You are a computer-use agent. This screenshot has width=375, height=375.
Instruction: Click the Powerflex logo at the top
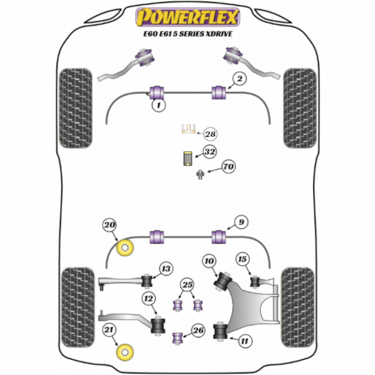click(187, 17)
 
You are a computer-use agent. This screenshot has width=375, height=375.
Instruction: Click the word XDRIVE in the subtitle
click(218, 34)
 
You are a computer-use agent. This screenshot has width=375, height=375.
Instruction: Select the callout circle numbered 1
click(159, 105)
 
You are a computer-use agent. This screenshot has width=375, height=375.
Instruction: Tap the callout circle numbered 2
click(239, 79)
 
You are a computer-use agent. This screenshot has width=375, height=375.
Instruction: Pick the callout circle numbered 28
click(210, 134)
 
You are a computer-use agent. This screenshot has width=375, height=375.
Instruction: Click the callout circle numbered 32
click(210, 152)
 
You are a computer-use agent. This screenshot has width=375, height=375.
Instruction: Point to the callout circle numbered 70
click(228, 166)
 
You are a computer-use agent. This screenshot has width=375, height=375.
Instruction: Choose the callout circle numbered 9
click(241, 222)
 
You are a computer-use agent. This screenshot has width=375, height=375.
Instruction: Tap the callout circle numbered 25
click(187, 284)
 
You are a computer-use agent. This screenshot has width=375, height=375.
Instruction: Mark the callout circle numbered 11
click(244, 341)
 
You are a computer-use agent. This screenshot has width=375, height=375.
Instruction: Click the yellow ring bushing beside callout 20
click(125, 247)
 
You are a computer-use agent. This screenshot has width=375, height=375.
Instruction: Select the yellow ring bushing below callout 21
click(125, 352)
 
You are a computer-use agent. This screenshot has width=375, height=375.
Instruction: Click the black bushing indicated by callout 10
click(222, 281)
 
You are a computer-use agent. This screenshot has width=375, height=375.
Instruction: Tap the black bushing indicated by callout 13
click(147, 281)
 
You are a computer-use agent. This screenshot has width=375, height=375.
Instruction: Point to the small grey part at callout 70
click(200, 174)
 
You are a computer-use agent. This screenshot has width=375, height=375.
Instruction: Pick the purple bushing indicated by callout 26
click(177, 337)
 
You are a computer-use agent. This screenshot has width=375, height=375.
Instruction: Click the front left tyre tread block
click(76, 108)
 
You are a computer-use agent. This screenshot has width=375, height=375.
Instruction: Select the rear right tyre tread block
click(297, 307)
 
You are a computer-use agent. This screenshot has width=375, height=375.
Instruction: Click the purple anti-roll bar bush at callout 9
click(219, 237)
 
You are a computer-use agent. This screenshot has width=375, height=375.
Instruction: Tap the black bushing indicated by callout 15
click(255, 281)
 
